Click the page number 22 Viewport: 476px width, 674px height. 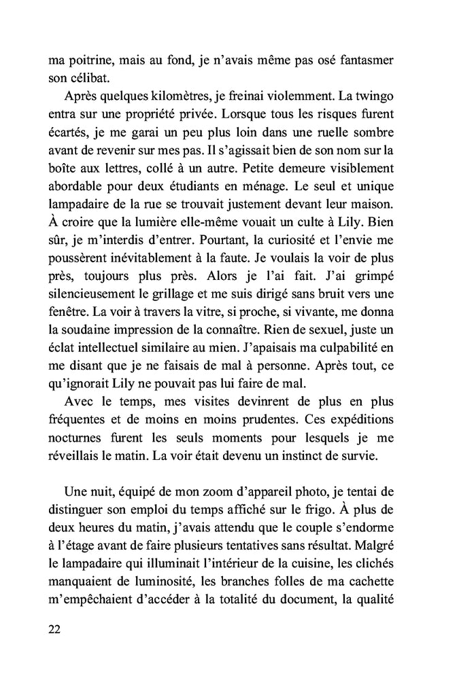[56, 629]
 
